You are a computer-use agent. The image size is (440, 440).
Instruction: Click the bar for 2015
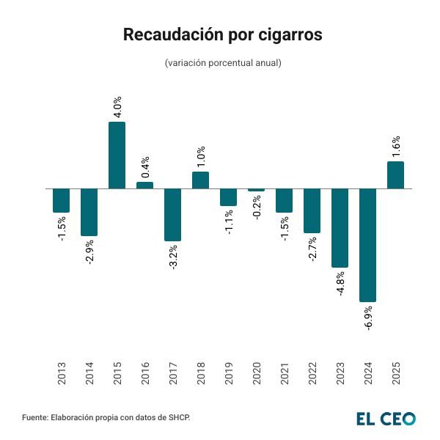(x=117, y=155)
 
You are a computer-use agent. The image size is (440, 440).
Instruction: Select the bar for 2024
(x=368, y=245)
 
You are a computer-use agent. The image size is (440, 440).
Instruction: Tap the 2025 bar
(x=396, y=175)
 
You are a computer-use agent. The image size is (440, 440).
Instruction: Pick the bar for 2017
(x=173, y=214)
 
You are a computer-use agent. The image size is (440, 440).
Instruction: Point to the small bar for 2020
(x=257, y=190)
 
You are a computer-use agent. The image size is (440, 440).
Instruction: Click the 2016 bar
(x=145, y=185)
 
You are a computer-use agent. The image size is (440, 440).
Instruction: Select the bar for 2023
(x=340, y=227)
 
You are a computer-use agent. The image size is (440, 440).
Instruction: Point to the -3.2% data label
(x=173, y=257)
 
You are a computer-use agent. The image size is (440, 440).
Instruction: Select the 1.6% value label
(x=396, y=147)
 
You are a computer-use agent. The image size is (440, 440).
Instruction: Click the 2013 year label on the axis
(x=62, y=374)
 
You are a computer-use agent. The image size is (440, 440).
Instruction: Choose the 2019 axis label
(x=229, y=374)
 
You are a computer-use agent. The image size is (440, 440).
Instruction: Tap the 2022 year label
(x=312, y=374)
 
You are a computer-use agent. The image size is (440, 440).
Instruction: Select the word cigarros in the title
(x=287, y=35)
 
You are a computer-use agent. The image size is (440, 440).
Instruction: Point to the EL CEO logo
(x=386, y=418)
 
